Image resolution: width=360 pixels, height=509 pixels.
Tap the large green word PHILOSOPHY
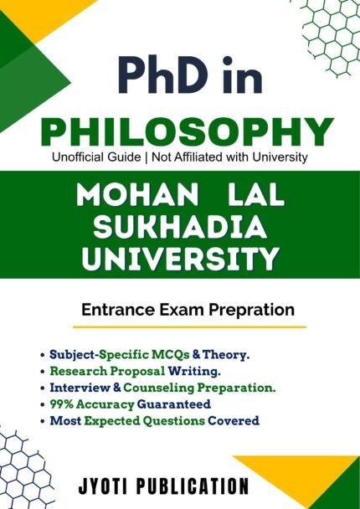pos(187,133)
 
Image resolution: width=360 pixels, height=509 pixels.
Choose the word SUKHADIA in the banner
pos(180,227)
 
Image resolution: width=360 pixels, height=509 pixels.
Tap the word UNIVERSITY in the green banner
pos(180,259)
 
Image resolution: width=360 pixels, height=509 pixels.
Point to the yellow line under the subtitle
pos(189,326)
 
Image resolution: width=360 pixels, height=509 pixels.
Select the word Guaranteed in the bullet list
pos(174,404)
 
